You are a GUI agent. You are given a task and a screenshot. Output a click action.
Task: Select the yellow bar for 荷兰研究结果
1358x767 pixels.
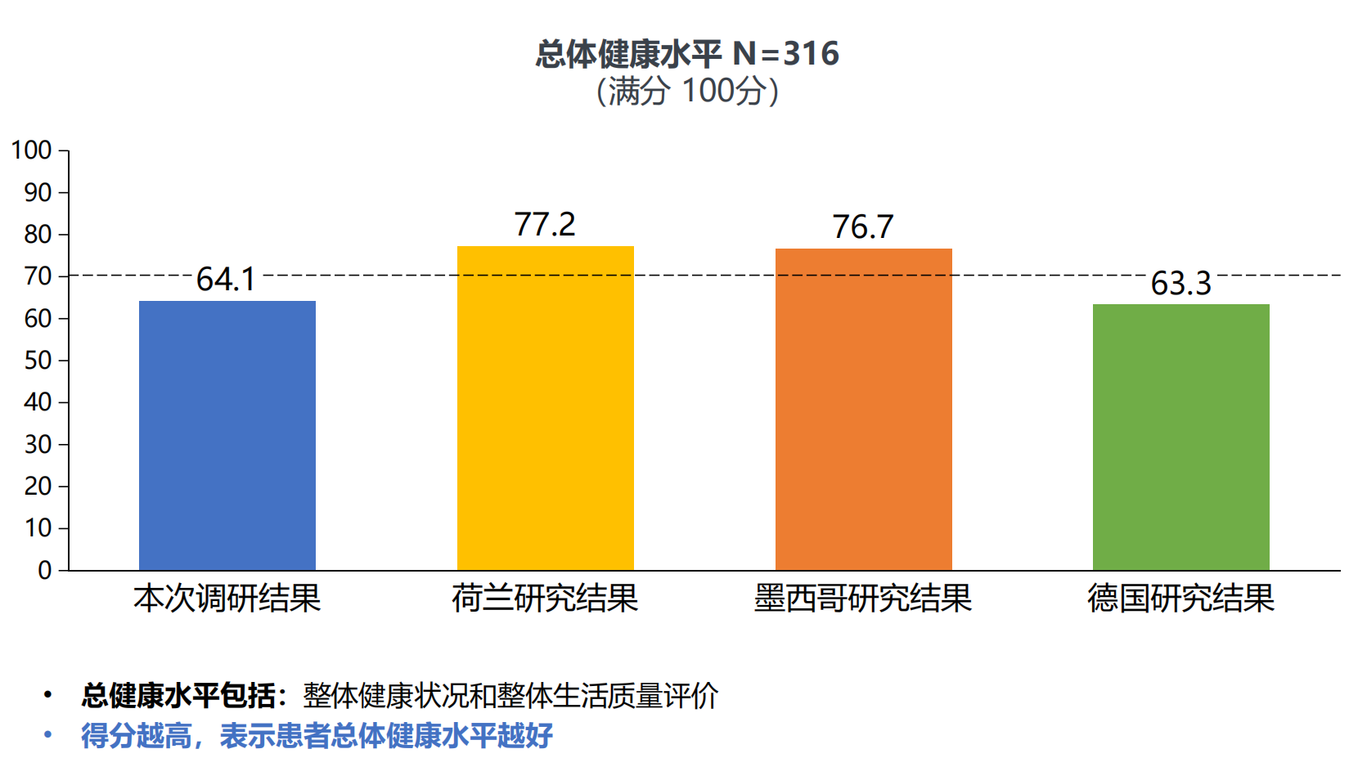tap(545, 408)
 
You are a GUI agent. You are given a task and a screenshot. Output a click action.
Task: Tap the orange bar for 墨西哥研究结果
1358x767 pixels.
tap(863, 409)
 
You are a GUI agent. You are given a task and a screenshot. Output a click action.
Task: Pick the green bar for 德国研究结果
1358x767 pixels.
tap(1180, 437)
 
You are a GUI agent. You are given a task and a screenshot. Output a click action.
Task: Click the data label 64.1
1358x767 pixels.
tap(226, 280)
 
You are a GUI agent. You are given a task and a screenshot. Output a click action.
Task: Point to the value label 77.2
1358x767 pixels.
tap(545, 224)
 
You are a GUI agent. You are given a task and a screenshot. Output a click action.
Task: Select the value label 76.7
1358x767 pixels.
tap(863, 227)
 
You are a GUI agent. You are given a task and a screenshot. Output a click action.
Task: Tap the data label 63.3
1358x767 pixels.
tap(1180, 284)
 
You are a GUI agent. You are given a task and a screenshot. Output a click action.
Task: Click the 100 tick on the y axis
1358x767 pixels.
tap(31, 150)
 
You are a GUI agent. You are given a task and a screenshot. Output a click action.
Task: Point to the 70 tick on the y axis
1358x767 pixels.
tap(38, 276)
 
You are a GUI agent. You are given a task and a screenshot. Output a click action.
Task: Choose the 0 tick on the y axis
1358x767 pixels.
tap(45, 570)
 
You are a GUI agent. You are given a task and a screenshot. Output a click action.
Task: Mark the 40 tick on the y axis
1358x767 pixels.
tap(38, 402)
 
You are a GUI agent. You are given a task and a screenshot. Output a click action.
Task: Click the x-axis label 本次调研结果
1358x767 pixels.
tap(227, 599)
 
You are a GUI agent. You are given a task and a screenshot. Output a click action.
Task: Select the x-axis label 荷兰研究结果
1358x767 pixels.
tap(545, 599)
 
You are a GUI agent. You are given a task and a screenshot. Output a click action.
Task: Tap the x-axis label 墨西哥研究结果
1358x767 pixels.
tap(863, 599)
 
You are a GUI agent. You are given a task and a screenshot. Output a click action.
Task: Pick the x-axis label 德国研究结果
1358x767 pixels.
tap(1180, 599)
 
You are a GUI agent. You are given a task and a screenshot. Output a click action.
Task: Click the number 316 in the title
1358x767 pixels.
tap(811, 54)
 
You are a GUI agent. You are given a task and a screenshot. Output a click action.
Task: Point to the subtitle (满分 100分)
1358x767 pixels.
tap(687, 91)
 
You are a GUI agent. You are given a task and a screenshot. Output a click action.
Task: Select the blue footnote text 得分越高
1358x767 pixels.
tap(136, 736)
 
